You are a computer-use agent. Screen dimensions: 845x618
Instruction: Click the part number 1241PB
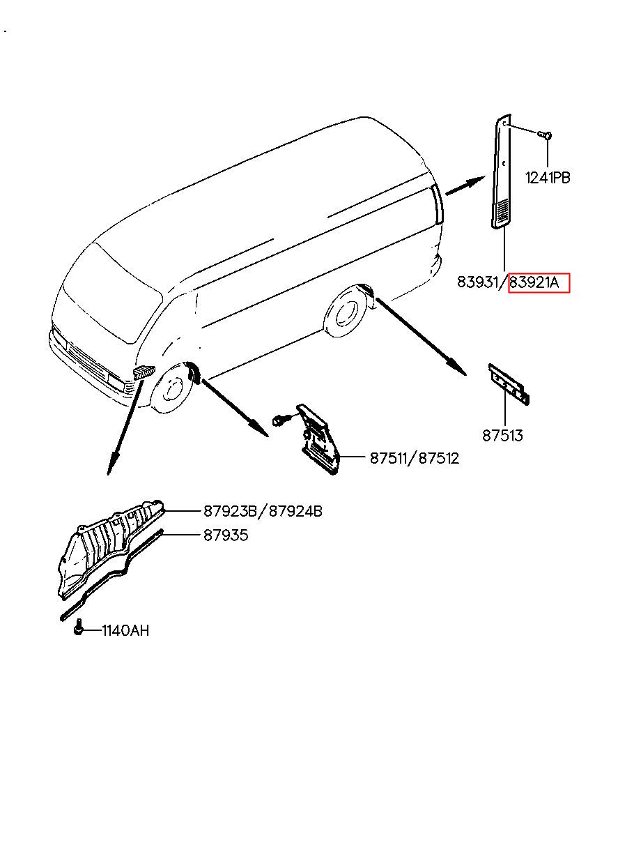[547, 178]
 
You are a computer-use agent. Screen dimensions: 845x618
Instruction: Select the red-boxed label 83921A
[539, 282]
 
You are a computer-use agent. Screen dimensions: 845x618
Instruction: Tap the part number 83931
[480, 282]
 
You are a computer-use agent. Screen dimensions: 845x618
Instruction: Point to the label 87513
[502, 436]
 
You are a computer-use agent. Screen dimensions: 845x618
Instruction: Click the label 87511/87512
[414, 459]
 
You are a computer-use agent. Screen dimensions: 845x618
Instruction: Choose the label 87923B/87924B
[263, 512]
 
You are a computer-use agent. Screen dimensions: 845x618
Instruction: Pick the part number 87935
[226, 535]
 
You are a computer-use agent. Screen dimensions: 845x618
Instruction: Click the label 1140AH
[125, 631]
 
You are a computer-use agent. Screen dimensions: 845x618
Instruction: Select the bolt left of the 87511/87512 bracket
[280, 420]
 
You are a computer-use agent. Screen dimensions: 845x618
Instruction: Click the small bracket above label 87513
[509, 384]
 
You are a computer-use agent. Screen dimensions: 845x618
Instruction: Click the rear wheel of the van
[344, 315]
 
